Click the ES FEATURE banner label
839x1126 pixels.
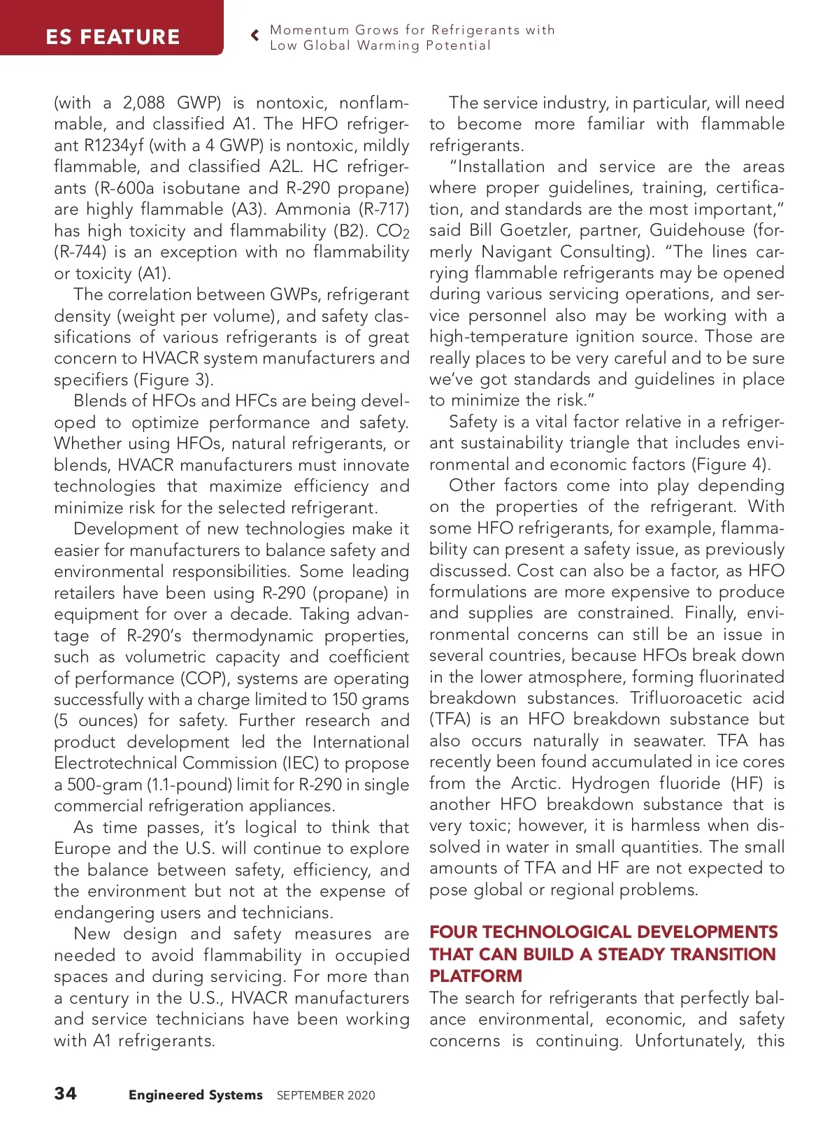click(113, 36)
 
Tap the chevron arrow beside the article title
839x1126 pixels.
click(255, 36)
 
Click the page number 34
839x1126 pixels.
click(66, 1093)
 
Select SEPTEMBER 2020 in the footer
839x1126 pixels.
click(326, 1095)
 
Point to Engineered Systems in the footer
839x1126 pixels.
click(196, 1095)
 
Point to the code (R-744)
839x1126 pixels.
click(80, 252)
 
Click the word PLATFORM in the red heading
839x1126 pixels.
click(475, 976)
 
